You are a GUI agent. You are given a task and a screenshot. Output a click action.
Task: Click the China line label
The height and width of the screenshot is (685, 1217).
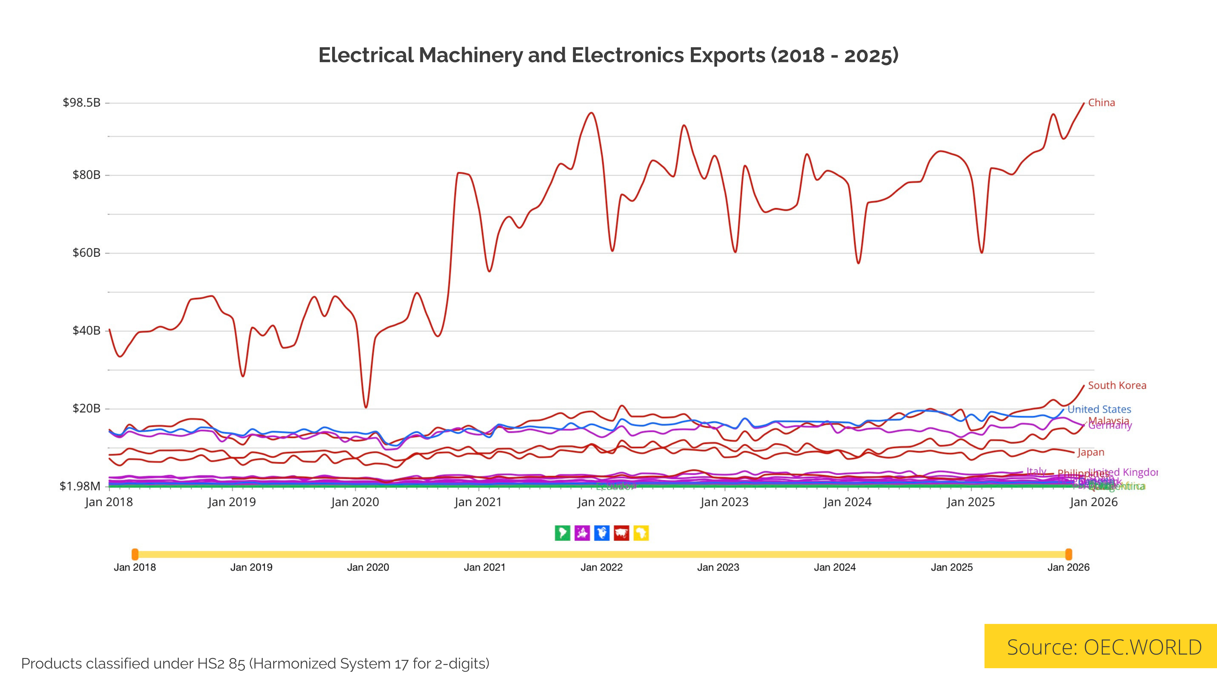coord(1101,102)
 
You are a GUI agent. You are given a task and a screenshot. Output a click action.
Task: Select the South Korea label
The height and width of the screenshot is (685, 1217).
coord(1117,385)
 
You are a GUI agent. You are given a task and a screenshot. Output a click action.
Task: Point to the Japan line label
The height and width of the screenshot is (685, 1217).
coord(1090,453)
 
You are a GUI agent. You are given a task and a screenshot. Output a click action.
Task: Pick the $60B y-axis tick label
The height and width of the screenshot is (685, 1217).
coord(87,253)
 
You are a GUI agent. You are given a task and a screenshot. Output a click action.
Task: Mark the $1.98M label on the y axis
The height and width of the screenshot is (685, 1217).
coord(80,486)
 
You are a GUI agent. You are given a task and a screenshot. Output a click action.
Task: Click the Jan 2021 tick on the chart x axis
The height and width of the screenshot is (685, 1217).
coord(478,502)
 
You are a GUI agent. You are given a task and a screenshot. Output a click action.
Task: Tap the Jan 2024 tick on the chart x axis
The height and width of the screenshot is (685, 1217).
coord(847,502)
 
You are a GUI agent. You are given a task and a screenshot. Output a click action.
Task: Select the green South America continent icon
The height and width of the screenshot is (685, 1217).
coord(562,533)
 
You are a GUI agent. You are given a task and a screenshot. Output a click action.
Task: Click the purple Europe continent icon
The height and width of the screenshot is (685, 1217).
coord(582,533)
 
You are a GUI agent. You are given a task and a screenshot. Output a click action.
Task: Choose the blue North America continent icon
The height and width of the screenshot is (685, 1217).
coord(602,533)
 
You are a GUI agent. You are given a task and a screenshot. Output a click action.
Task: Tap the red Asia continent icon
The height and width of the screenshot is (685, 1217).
coord(621,533)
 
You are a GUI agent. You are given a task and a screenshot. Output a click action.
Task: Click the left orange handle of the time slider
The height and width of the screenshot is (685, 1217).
coord(135,554)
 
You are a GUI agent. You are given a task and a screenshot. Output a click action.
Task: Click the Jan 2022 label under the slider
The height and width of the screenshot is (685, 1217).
coord(602,567)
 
